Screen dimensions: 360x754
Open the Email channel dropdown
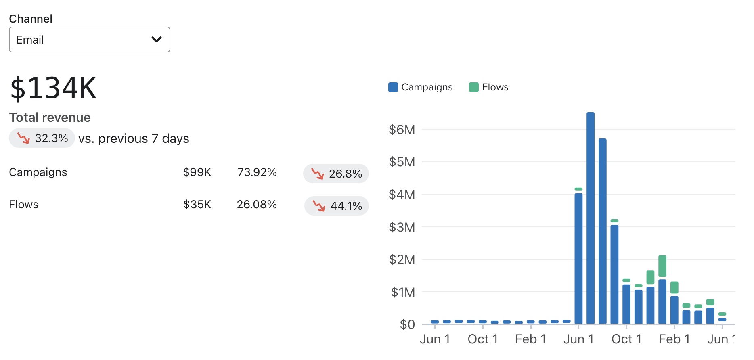[89, 40]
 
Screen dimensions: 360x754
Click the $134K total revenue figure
[53, 88]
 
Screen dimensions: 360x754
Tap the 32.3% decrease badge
[42, 138]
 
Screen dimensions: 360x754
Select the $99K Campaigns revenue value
[197, 172]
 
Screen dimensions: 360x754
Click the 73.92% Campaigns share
[257, 172]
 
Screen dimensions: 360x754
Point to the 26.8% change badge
[336, 174]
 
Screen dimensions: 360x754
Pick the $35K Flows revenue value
[197, 205]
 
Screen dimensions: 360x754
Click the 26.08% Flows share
[257, 205]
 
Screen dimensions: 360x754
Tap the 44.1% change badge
[337, 206]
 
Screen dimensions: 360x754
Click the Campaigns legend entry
[421, 87]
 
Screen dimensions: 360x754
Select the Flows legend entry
[489, 87]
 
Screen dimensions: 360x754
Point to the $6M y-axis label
[402, 130]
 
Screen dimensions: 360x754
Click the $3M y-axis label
[402, 227]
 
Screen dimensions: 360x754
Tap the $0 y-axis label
[407, 324]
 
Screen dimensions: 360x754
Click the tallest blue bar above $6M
[590, 218]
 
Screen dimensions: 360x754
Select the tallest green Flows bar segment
[662, 266]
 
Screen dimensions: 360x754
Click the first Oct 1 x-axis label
[483, 339]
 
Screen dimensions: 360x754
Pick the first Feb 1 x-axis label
[530, 339]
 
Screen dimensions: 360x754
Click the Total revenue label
[50, 117]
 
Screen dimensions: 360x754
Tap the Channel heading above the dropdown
[31, 19]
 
